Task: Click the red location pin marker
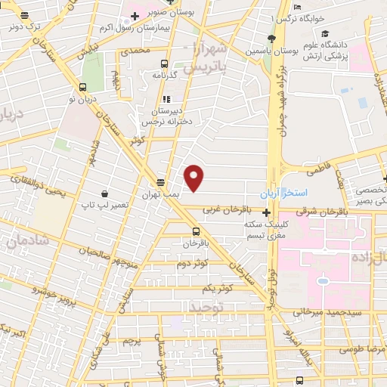coord(195,178)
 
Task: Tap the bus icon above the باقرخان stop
coord(197,231)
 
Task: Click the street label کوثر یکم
coord(219,289)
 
